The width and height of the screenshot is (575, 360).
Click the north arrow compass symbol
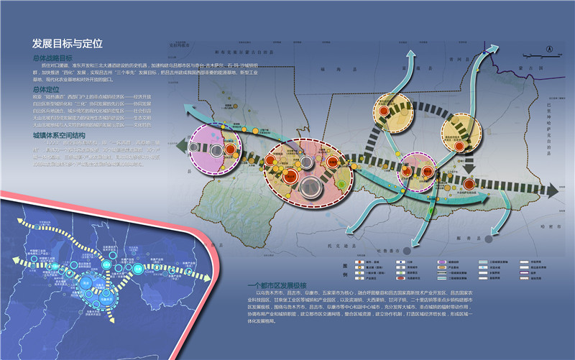point(549,49)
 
